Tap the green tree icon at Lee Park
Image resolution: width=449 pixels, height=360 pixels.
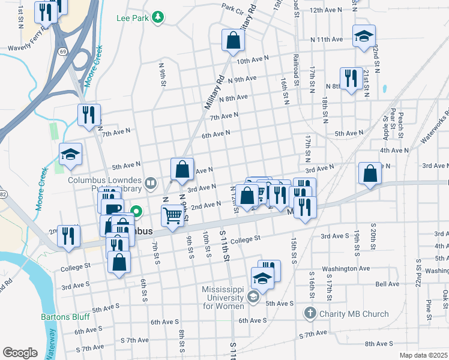click(158, 18)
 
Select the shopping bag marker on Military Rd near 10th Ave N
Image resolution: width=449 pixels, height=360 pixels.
click(233, 41)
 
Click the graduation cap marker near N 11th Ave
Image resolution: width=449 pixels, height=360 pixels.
click(364, 37)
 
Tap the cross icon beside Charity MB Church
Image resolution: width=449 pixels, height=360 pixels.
click(309, 313)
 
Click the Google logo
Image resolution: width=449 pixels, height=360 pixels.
click(20, 353)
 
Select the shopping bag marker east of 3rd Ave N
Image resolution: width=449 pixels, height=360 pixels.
click(370, 173)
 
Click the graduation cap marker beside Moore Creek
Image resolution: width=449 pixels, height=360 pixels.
click(70, 155)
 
